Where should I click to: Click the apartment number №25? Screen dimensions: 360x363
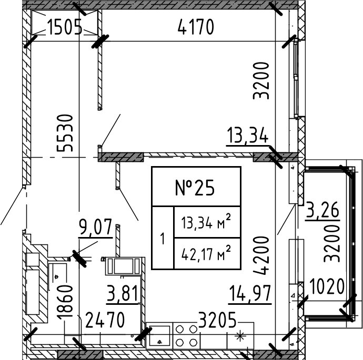[x=196, y=187]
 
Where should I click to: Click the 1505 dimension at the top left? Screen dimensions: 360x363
[x=64, y=27]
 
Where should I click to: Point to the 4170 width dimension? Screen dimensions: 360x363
[x=196, y=27]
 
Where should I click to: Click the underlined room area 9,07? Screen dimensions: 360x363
[x=95, y=228]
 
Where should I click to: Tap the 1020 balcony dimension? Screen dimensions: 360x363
[x=326, y=287]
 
